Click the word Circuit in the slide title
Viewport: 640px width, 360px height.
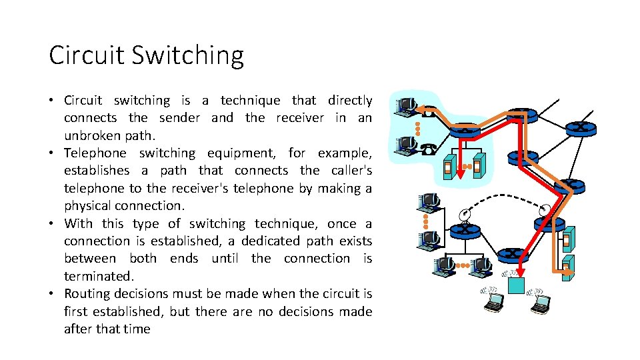coord(86,55)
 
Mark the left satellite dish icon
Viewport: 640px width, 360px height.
coord(465,213)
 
